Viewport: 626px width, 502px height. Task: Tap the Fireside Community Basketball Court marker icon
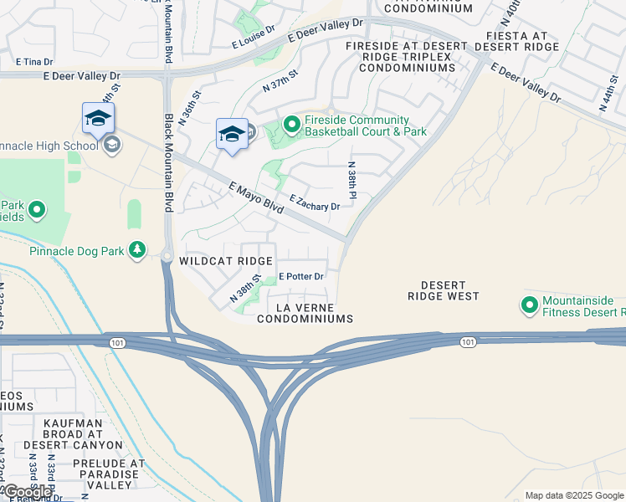[291, 125]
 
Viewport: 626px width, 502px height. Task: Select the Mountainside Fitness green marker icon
[529, 306]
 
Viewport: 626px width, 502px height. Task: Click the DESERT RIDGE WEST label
[444, 290]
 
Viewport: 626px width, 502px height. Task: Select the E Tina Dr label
[34, 62]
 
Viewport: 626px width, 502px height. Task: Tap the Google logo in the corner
[28, 492]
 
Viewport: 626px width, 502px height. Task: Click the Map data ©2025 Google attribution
[574, 495]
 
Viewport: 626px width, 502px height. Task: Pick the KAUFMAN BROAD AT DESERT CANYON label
[74, 434]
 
